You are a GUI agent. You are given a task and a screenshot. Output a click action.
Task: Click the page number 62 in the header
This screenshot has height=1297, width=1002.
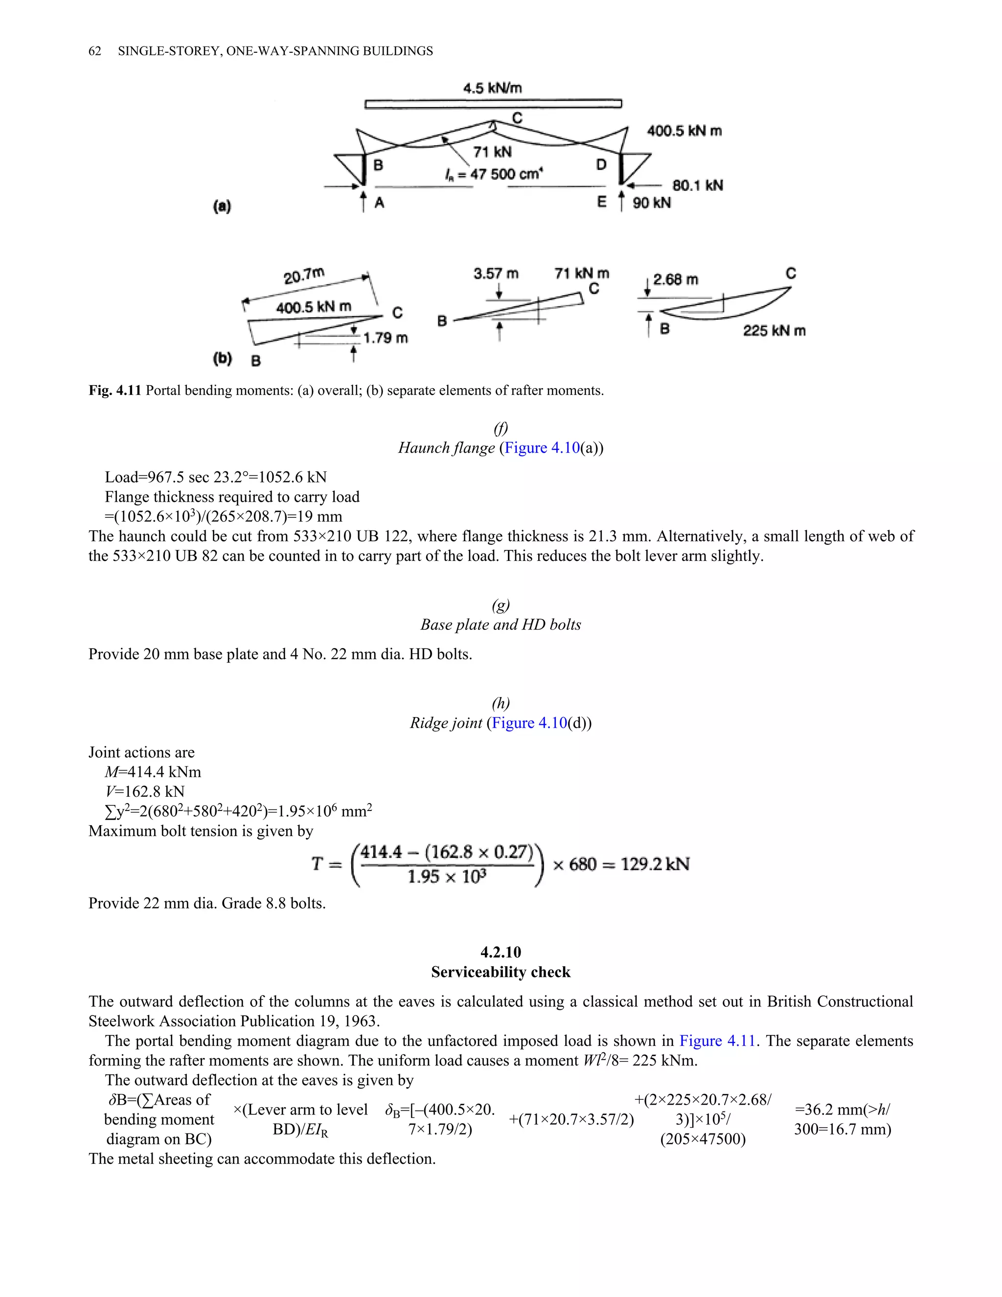pos(94,51)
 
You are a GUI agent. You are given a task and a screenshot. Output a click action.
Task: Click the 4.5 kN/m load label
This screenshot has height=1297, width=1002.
pos(492,89)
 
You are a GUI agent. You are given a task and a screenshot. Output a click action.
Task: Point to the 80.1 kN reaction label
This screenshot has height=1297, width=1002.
pos(698,185)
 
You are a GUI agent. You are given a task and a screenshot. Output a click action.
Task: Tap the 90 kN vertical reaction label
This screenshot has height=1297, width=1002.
pos(652,203)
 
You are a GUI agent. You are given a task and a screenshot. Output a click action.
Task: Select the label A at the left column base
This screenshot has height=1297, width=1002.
pos(379,203)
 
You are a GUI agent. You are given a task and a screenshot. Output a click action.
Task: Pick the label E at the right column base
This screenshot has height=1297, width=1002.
pos(602,203)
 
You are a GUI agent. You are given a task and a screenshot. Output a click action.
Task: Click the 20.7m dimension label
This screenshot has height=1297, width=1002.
pos(304,276)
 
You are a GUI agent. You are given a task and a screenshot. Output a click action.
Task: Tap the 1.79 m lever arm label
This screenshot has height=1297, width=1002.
pos(385,338)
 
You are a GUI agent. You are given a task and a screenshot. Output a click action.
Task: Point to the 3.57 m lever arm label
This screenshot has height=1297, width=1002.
pos(496,274)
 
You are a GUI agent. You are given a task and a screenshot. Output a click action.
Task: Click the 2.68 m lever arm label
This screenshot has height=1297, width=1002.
pos(676,279)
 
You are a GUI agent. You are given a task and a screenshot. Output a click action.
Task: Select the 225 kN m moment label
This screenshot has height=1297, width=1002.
pos(774,331)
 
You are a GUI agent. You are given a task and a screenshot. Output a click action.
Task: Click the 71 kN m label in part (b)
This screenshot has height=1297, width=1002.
pos(582,273)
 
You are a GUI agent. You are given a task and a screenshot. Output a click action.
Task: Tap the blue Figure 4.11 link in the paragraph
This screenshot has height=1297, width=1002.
pos(717,1041)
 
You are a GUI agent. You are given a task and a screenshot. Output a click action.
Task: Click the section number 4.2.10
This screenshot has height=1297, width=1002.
pos(501,952)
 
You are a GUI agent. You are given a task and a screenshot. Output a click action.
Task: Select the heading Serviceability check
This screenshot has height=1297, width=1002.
pos(501,972)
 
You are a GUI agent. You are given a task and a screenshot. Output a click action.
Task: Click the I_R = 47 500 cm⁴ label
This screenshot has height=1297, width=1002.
pos(493,174)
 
